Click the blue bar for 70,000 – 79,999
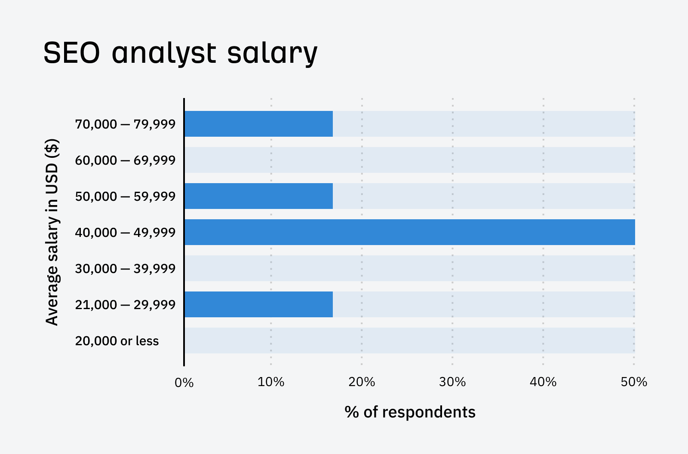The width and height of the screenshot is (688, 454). [x=258, y=124]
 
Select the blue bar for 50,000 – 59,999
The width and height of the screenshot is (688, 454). [x=258, y=196]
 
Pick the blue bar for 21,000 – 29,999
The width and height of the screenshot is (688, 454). [x=258, y=304]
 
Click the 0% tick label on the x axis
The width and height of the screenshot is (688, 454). [x=184, y=382]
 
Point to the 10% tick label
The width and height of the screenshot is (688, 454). [x=271, y=382]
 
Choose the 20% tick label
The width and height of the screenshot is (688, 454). [x=362, y=382]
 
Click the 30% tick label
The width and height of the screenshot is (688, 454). [x=452, y=382]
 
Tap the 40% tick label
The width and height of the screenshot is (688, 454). [x=543, y=382]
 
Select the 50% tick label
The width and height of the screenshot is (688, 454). [x=634, y=382]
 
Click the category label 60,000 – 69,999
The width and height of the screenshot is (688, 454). [x=125, y=160]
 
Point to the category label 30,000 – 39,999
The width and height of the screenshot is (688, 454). [x=125, y=269]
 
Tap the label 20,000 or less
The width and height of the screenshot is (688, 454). [x=117, y=341]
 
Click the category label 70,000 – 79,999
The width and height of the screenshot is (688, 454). [x=125, y=124]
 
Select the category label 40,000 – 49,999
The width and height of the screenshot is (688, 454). [x=125, y=233]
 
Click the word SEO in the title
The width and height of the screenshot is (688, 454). [x=72, y=53]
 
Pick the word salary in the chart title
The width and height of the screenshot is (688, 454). [x=272, y=53]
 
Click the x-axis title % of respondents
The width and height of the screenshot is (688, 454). [x=410, y=412]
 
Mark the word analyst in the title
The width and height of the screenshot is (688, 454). [x=164, y=53]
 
